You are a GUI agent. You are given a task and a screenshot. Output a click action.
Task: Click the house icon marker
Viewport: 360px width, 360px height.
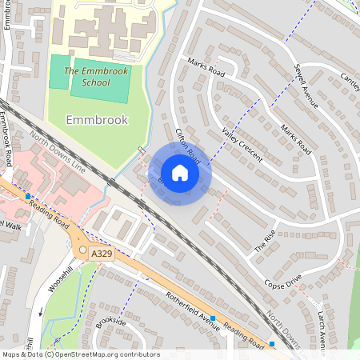pos(180,173)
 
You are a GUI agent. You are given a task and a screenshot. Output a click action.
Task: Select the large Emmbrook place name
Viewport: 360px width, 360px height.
pos(97,120)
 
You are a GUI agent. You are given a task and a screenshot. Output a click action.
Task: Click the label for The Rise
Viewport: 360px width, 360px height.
pos(265,240)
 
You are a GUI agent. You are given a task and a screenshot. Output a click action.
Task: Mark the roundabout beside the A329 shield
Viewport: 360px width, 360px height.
pos(82,250)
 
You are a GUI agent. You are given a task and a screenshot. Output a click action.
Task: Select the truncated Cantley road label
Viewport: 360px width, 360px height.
pos(350,80)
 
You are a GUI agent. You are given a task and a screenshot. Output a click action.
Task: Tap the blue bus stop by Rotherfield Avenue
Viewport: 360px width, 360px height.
pos(214,318)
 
